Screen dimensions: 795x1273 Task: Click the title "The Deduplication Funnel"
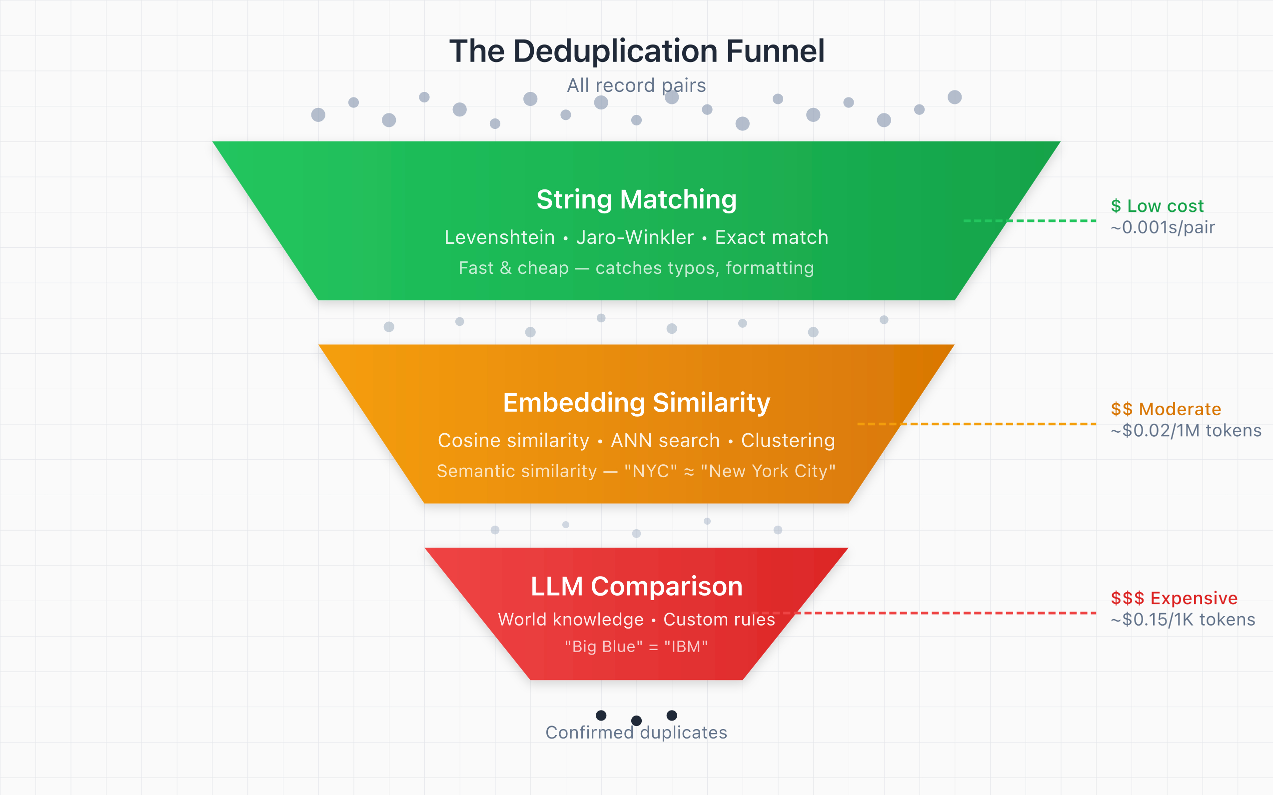pyautogui.click(x=636, y=51)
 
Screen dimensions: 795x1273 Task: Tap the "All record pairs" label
pyautogui.click(x=636, y=85)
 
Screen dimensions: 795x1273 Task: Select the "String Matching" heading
pyautogui.click(x=636, y=200)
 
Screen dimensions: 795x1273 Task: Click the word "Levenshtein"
pyautogui.click(x=499, y=238)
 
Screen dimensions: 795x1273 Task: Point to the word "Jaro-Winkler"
pyautogui.click(x=635, y=238)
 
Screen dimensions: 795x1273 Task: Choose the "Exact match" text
pyautogui.click(x=771, y=238)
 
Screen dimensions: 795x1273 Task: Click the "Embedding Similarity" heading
pyautogui.click(x=636, y=403)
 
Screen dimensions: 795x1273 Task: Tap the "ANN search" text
pyautogui.click(x=665, y=441)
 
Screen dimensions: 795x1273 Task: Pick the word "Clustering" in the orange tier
pyautogui.click(x=788, y=441)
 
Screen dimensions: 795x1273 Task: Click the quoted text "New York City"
pyautogui.click(x=768, y=471)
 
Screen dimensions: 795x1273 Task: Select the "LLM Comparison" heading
pyautogui.click(x=636, y=587)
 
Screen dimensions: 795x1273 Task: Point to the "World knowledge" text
pyautogui.click(x=570, y=620)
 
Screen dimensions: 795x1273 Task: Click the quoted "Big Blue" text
pyautogui.click(x=604, y=647)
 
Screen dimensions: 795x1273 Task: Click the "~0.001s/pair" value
pyautogui.click(x=1163, y=227)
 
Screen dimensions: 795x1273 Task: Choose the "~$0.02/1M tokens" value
pyautogui.click(x=1186, y=431)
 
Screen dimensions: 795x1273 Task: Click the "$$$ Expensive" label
pyautogui.click(x=1174, y=598)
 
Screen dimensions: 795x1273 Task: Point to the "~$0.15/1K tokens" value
pyautogui.click(x=1183, y=620)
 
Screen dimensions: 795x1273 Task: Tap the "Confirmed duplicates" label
pyautogui.click(x=636, y=733)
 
